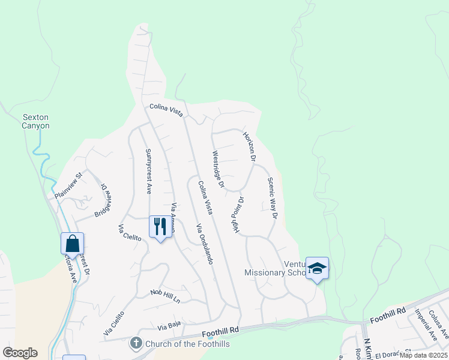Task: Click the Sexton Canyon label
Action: point(35,121)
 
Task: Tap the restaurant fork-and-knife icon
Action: point(160,227)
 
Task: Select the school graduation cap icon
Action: point(317,269)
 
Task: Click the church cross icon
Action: point(136,343)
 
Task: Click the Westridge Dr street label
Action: point(217,169)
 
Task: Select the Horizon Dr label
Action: point(249,146)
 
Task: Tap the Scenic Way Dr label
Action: point(273,197)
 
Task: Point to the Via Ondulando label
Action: point(205,244)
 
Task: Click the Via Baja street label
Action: point(169,328)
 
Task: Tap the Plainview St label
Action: point(68,187)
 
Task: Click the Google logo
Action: point(20,352)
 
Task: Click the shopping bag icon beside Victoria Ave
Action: point(72,244)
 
